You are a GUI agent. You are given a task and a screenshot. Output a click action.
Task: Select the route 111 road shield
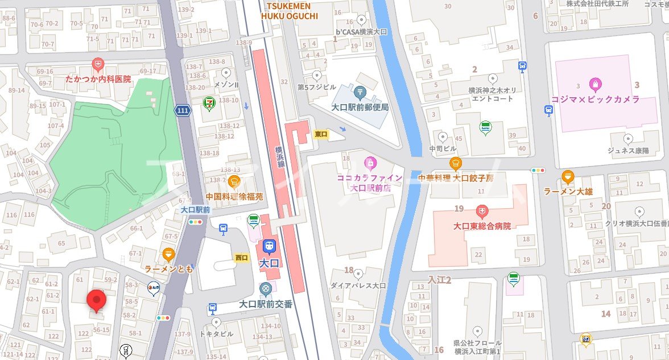(182, 111)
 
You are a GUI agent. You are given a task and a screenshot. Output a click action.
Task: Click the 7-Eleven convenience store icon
(210, 104)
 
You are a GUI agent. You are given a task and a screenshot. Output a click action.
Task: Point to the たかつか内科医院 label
(98, 78)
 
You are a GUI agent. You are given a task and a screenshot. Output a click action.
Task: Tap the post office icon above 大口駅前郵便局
(360, 91)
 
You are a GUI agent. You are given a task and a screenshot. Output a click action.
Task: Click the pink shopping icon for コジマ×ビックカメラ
(595, 85)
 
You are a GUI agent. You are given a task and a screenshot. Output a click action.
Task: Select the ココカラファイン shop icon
(370, 164)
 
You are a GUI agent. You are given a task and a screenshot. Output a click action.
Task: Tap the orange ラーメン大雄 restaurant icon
(568, 177)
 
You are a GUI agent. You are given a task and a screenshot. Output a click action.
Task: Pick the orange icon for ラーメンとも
(168, 254)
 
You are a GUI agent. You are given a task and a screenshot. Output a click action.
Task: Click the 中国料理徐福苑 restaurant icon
(234, 182)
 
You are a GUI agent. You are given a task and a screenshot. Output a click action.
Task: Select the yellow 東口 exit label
(321, 134)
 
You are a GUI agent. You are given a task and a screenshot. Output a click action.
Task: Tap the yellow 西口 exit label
(242, 258)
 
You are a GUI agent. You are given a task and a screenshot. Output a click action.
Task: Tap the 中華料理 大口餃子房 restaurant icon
(456, 164)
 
